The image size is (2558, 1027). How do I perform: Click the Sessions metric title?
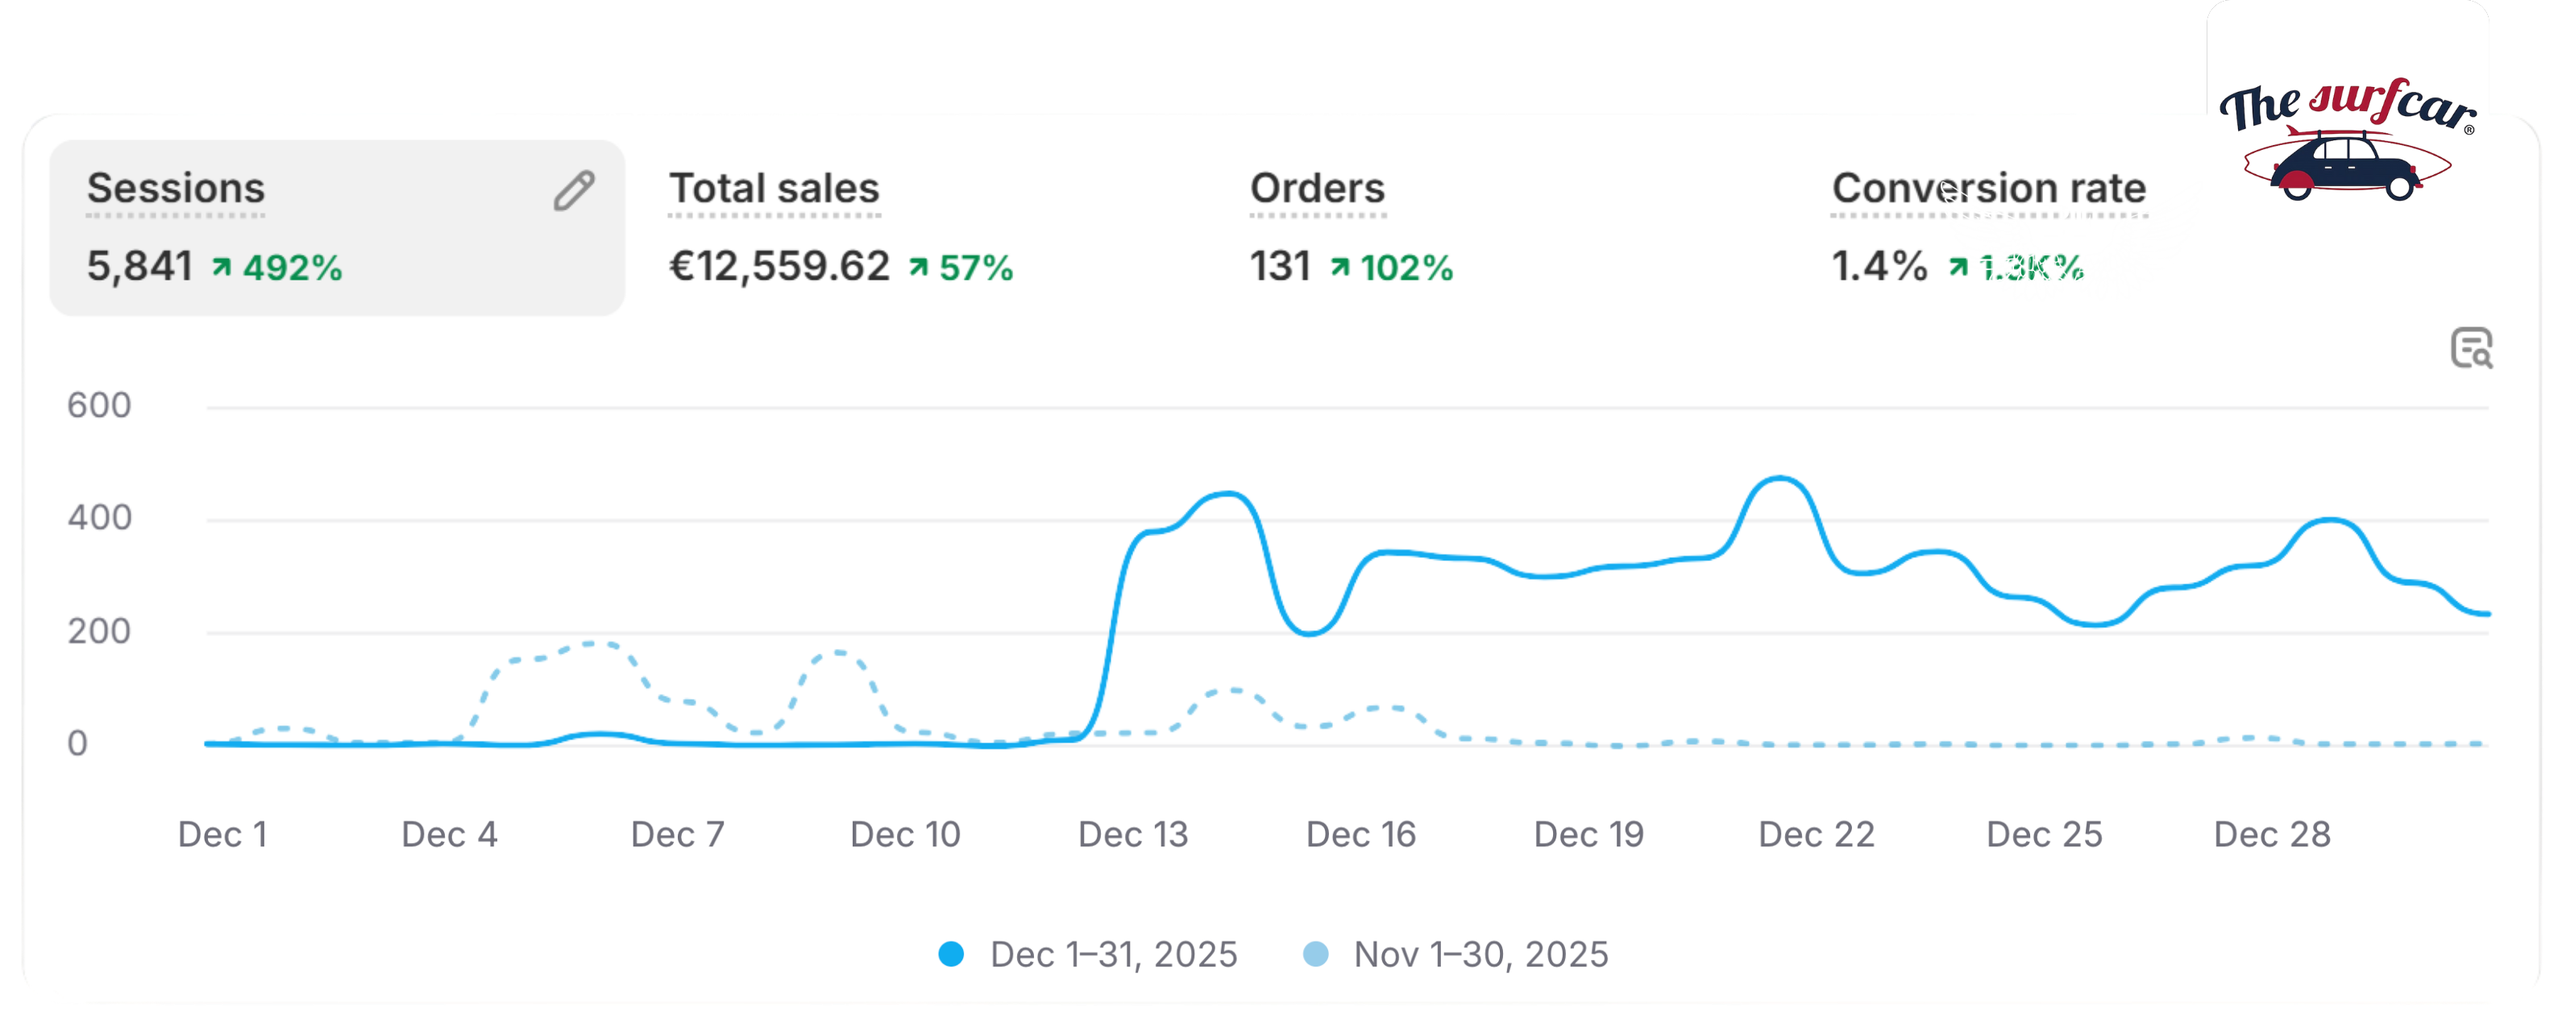point(176,189)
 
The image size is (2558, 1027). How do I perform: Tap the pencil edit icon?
point(574,191)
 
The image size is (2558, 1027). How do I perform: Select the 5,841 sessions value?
point(139,266)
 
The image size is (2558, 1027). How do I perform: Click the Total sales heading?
point(774,189)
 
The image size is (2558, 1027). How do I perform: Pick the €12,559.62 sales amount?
point(779,266)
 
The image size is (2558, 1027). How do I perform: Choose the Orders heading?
point(1317,189)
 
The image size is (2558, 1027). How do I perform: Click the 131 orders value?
point(1280,266)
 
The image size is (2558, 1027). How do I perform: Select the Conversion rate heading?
point(1988,189)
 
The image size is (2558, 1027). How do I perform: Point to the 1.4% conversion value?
point(1879,266)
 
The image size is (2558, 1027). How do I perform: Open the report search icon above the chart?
point(2472,348)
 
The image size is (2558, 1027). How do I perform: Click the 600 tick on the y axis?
point(99,405)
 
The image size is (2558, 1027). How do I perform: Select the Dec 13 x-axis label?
point(1133,834)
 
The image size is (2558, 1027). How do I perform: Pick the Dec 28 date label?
point(2272,834)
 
